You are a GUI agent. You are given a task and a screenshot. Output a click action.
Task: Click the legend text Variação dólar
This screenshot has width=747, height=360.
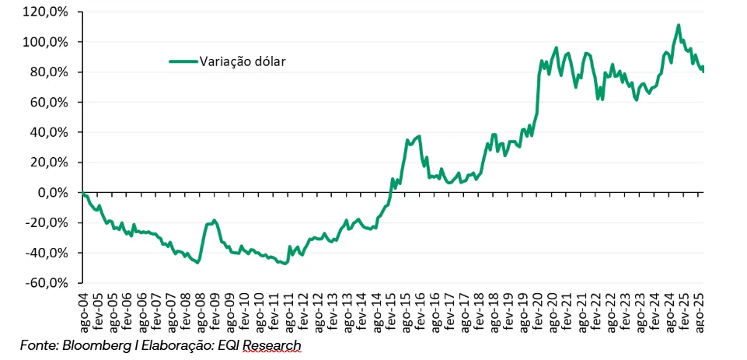tap(243, 61)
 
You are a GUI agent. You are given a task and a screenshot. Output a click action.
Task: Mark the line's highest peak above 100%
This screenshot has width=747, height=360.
tap(679, 25)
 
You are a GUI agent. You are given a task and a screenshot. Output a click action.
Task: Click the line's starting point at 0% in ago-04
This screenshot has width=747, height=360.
tap(82, 193)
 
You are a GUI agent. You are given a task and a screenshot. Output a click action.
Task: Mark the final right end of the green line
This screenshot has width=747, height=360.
tap(703, 70)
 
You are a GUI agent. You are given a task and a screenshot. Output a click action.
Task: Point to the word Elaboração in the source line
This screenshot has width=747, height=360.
tap(180, 344)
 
